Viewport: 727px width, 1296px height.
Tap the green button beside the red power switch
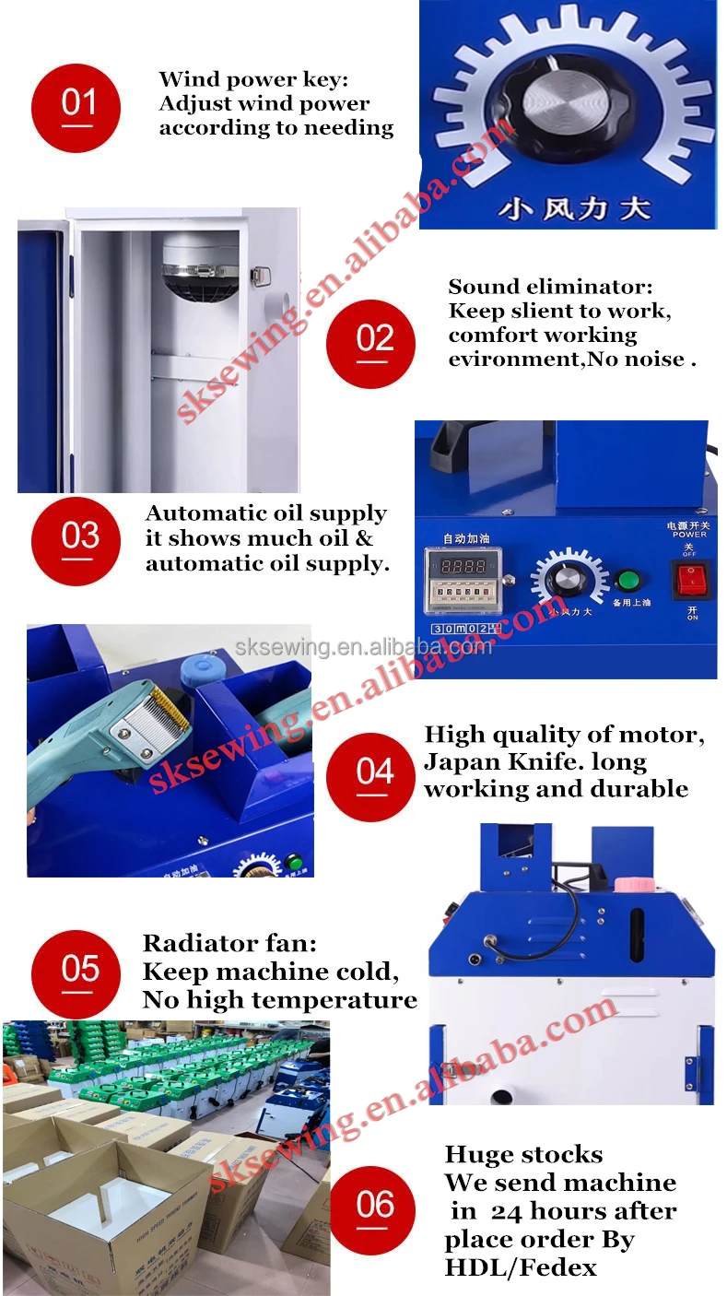tap(628, 581)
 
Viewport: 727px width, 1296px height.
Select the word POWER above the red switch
tap(688, 534)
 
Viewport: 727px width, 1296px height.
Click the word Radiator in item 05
tap(190, 943)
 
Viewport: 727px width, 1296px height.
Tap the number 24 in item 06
tap(506, 1211)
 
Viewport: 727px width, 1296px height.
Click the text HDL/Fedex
tap(520, 1267)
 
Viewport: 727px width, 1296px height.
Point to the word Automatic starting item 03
tap(204, 513)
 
